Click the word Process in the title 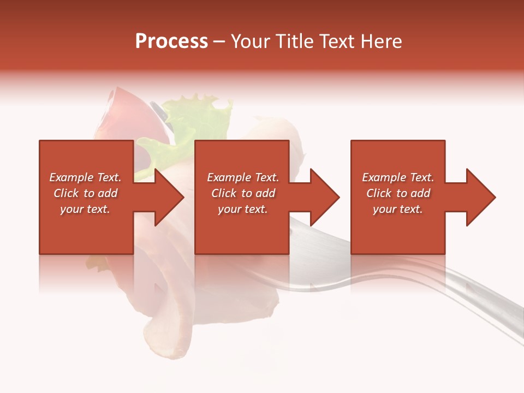[x=171, y=41]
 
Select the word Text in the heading [x=336, y=41]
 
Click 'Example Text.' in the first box [x=85, y=177]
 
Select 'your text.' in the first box [x=85, y=209]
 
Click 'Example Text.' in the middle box [x=243, y=177]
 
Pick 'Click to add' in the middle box [x=243, y=193]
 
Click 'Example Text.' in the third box [x=398, y=177]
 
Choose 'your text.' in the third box [x=398, y=209]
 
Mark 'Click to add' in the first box [x=85, y=193]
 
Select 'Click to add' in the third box [x=398, y=193]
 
